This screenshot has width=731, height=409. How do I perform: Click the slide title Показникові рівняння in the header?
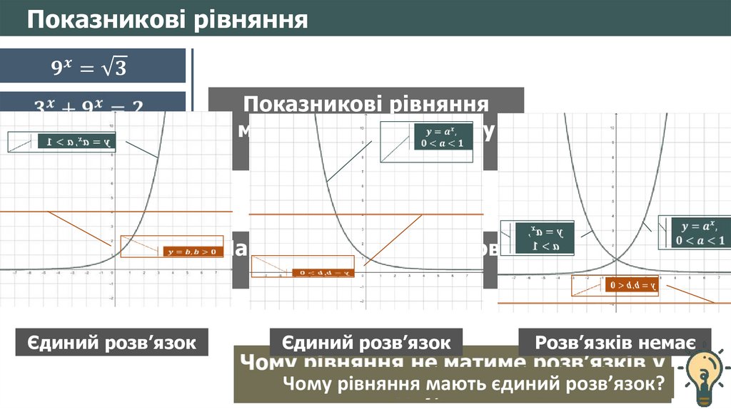coord(168,19)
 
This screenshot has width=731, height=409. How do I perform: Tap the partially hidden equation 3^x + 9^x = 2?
coord(89,105)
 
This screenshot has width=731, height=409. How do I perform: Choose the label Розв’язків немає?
coord(615,342)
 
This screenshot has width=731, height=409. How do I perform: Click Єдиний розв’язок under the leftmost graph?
coord(111,343)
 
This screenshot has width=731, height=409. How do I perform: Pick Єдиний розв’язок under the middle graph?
coord(365,342)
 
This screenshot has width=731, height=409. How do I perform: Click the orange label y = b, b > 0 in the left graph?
coord(192,251)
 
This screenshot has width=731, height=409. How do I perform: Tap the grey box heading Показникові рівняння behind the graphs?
coord(365,103)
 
